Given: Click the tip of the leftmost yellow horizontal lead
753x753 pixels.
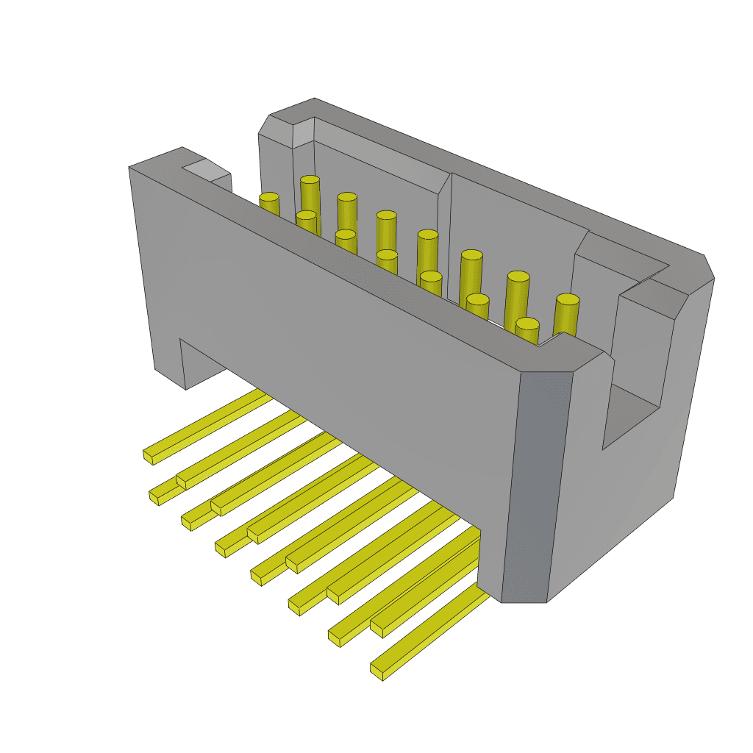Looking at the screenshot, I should click(x=149, y=456).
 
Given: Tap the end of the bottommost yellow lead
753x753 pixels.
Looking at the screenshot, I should click(x=379, y=669).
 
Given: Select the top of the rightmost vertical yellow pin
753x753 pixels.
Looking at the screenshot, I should click(x=567, y=301).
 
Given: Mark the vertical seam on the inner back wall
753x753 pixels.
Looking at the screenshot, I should click(x=449, y=235).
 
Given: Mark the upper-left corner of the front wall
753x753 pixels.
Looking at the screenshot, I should click(x=131, y=168).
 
